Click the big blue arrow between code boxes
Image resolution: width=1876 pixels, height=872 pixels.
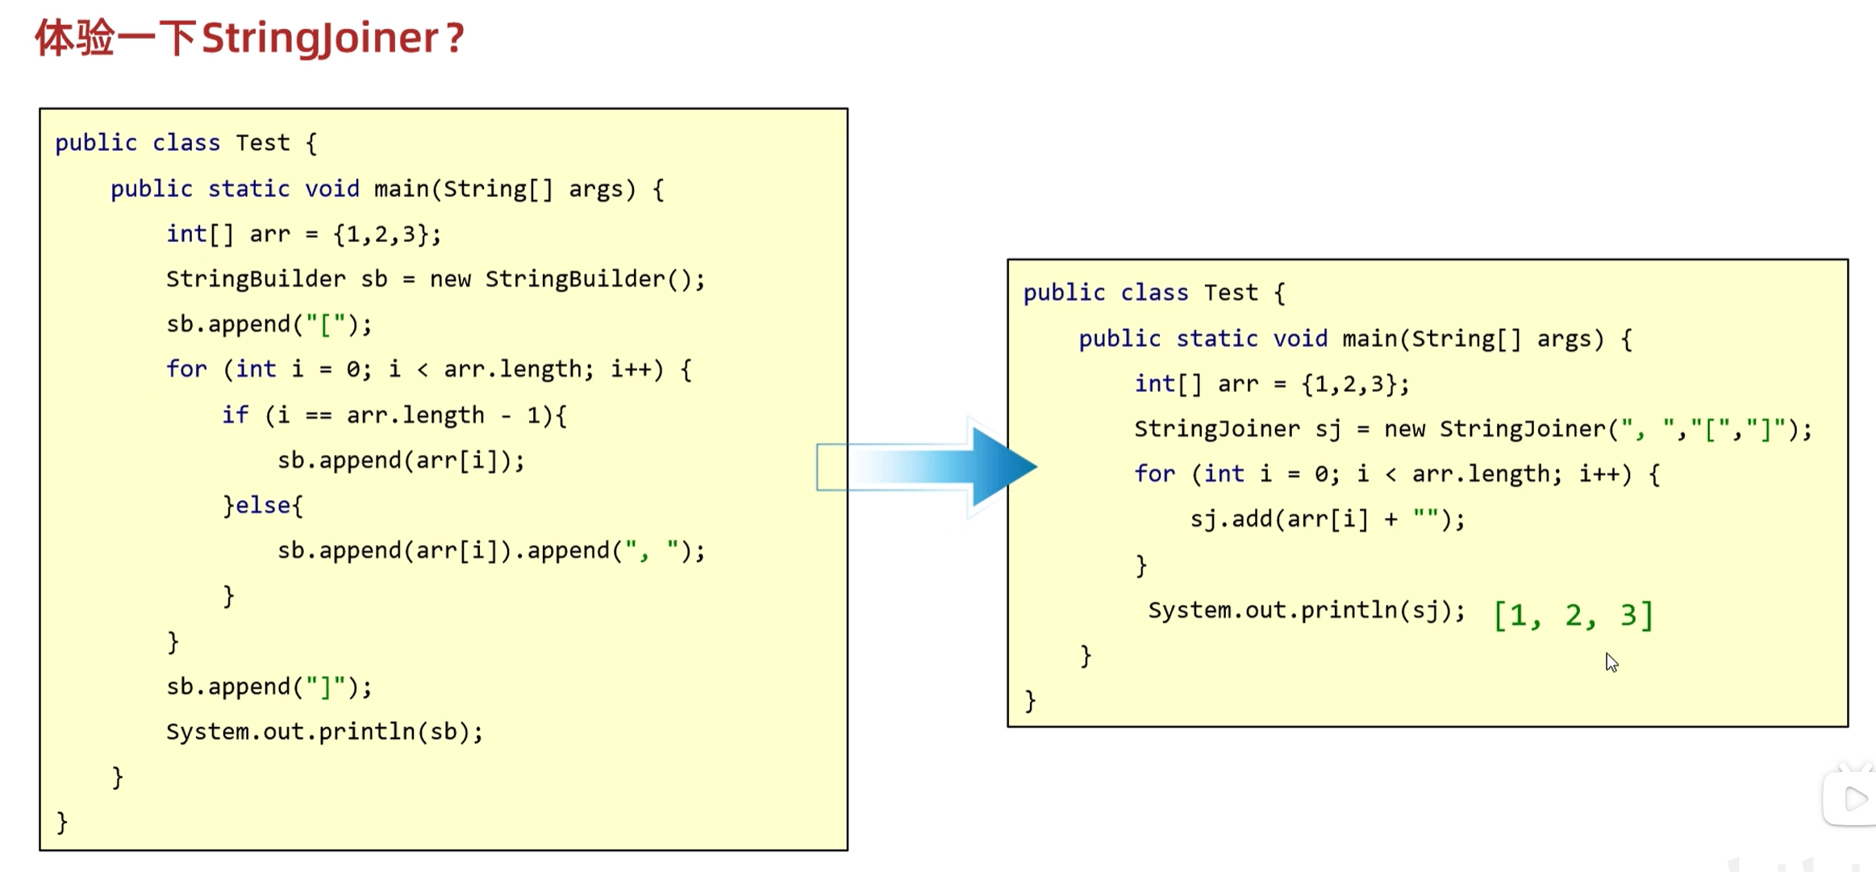point(926,467)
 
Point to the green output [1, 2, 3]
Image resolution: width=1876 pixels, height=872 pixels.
point(1573,615)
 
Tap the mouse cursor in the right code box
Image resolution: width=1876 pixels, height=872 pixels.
point(1611,663)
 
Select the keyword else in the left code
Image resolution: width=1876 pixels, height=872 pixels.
point(263,506)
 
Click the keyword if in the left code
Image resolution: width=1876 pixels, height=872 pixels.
point(236,415)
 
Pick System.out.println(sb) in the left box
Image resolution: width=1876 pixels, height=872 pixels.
point(324,732)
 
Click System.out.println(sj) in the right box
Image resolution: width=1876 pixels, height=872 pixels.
point(1306,611)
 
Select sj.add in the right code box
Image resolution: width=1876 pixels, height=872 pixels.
point(1232,519)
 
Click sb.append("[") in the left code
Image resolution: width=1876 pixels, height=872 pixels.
point(269,324)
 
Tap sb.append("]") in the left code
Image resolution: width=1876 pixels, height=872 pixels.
point(269,686)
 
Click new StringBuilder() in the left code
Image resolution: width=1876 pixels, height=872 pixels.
point(567,279)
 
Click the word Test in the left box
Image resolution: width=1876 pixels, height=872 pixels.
point(263,143)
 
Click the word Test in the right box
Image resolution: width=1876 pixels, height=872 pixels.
point(1231,293)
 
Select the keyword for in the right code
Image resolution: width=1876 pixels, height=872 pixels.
point(1155,474)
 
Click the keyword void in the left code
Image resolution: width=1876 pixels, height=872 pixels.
point(332,189)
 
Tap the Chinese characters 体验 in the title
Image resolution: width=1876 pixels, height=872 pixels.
point(74,39)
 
